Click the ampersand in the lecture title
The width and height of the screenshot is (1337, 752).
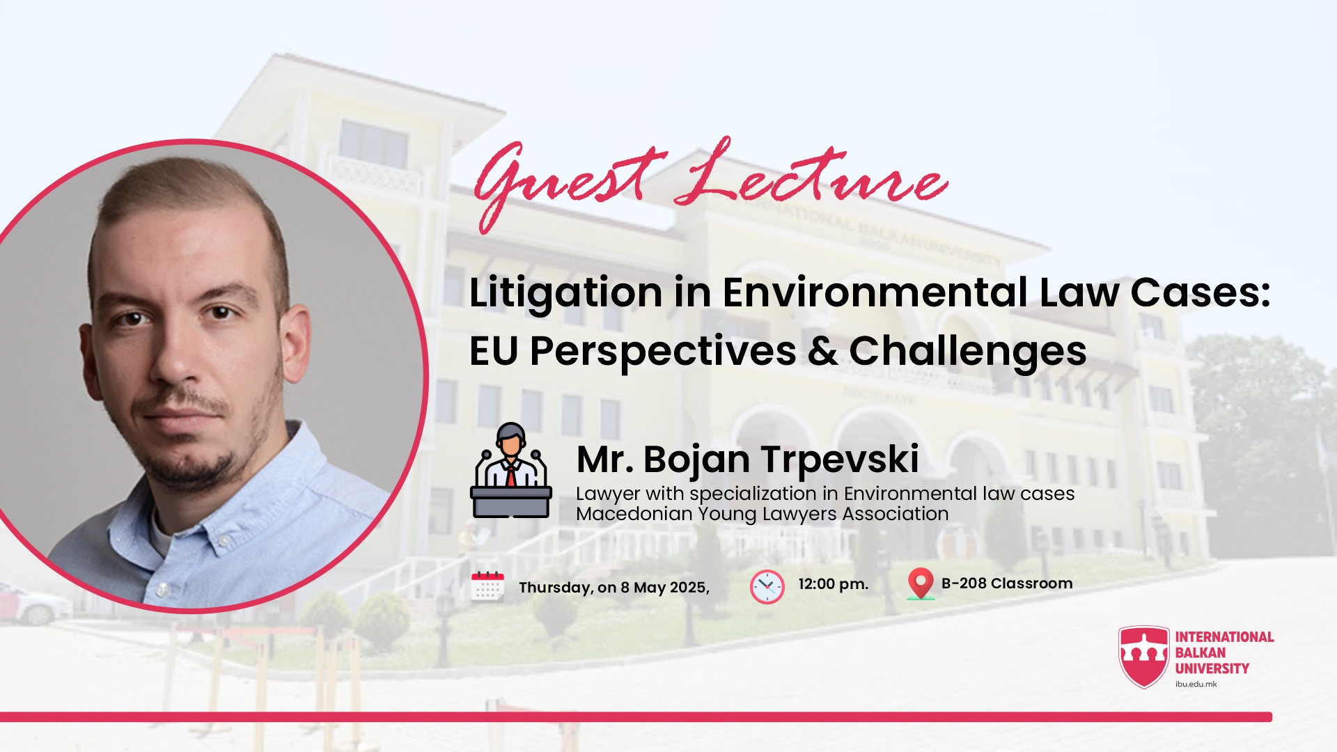[822, 351]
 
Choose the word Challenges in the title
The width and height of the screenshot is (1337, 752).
[968, 352]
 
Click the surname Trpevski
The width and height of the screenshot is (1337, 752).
[840, 460]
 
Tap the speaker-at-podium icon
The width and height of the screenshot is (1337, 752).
[511, 470]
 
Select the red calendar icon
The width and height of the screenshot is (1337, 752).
[487, 586]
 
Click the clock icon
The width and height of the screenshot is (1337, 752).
[767, 586]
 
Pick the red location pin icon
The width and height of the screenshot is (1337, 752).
[921, 583]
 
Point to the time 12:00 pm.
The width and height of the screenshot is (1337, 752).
[834, 584]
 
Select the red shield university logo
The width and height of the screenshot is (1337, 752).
[1144, 657]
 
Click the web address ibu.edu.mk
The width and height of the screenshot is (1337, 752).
[1196, 684]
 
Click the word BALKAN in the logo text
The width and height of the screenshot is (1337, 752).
[1201, 653]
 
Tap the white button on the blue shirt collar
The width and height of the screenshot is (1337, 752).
[162, 589]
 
